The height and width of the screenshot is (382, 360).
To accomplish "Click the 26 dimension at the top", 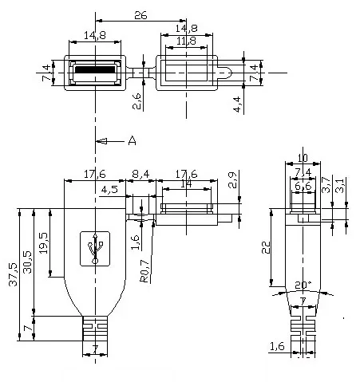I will (x=140, y=15).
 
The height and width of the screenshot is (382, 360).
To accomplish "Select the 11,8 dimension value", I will (x=185, y=41).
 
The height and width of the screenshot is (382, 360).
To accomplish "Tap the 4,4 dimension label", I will (x=236, y=104).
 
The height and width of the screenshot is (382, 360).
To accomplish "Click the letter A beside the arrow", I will (x=132, y=141).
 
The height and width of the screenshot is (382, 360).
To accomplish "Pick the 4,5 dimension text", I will (x=111, y=190).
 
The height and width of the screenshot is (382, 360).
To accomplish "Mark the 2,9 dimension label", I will (x=232, y=179).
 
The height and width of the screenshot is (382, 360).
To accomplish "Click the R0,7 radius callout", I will (x=144, y=271).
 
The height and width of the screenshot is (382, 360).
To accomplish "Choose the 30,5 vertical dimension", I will (x=27, y=264).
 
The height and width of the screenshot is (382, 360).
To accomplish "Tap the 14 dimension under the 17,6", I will (x=185, y=183).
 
